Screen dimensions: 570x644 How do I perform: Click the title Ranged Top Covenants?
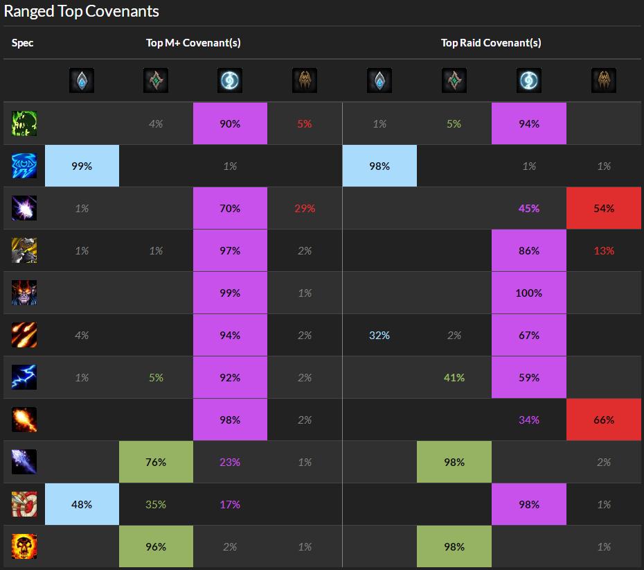pyautogui.click(x=82, y=12)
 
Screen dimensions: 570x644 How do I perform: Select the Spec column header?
pyautogui.click(x=22, y=43)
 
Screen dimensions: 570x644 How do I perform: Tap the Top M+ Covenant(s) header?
pyautogui.click(x=193, y=43)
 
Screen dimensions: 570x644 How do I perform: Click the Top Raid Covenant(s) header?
pyautogui.click(x=491, y=43)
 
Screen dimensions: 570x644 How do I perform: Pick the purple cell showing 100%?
pyautogui.click(x=528, y=293)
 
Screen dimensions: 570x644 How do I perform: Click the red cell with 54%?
pyautogui.click(x=603, y=208)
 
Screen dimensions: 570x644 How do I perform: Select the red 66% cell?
pyautogui.click(x=603, y=420)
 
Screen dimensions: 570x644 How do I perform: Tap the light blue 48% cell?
pyautogui.click(x=82, y=504)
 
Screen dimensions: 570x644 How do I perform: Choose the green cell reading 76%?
pyautogui.click(x=156, y=462)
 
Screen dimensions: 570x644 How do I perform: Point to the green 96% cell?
pyautogui.click(x=156, y=546)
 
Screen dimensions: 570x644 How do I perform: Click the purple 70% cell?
pyautogui.click(x=230, y=208)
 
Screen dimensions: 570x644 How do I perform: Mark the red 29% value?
pyautogui.click(x=305, y=208)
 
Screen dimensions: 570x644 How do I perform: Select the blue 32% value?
pyautogui.click(x=379, y=335)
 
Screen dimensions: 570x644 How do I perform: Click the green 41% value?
pyautogui.click(x=454, y=377)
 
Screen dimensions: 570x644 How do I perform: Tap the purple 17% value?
pyautogui.click(x=230, y=504)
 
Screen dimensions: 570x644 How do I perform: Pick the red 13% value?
pyautogui.click(x=603, y=250)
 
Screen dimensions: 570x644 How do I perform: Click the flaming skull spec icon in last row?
pyautogui.click(x=24, y=546)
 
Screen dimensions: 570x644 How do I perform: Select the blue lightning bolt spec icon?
pyautogui.click(x=24, y=377)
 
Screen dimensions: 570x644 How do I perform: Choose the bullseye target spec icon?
pyautogui.click(x=24, y=504)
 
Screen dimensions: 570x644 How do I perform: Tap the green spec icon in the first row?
pyautogui.click(x=24, y=123)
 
